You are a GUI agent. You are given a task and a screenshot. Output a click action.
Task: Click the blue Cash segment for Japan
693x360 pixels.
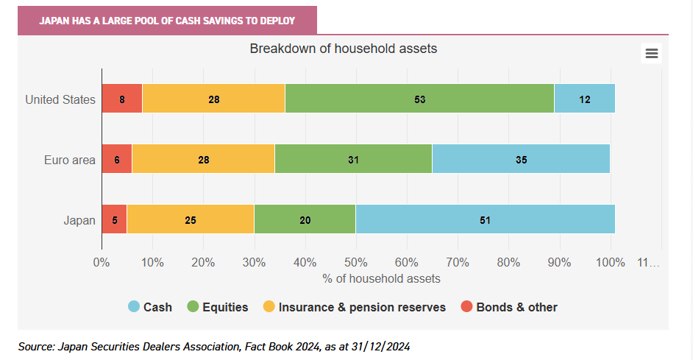486,219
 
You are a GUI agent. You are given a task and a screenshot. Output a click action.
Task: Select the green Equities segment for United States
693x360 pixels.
419,98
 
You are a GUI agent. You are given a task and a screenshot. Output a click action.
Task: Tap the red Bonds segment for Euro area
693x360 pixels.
117,159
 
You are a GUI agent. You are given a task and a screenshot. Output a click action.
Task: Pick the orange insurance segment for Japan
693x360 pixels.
191,219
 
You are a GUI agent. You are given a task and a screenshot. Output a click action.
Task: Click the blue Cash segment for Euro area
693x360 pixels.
521,159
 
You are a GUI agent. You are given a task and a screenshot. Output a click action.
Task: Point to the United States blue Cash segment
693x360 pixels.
585,98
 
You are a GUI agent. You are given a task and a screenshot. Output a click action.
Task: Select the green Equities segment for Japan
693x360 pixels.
305,219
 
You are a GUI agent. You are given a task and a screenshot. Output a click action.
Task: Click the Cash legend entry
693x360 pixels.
150,307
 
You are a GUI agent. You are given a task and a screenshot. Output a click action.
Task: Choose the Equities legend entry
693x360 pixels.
218,307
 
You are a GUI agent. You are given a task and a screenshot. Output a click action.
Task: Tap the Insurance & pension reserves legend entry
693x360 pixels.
354,307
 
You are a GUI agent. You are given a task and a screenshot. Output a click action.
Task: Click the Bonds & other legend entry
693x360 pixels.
508,307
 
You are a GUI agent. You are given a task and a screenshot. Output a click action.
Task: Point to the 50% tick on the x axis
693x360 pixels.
356,262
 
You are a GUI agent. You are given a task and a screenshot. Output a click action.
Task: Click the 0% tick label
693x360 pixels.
102,262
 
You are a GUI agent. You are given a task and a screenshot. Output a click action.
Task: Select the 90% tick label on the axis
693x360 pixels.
560,262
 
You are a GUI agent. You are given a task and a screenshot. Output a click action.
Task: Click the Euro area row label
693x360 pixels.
70,160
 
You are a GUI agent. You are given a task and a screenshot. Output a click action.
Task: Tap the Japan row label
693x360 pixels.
79,220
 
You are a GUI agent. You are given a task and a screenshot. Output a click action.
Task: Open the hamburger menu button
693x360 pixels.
652,54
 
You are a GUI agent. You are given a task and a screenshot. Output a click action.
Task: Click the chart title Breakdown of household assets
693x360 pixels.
344,48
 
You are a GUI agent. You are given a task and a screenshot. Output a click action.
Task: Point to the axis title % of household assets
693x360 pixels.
381,278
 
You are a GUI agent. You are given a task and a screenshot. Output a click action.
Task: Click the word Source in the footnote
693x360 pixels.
36,346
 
